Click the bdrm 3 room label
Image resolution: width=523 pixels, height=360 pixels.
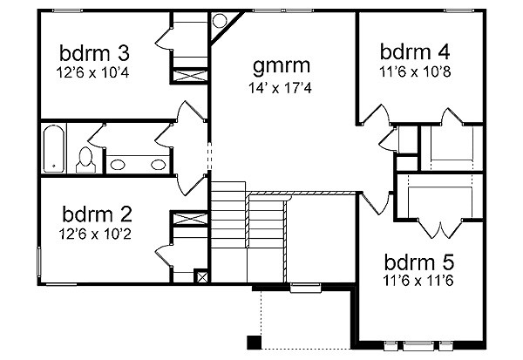[x=94, y=53]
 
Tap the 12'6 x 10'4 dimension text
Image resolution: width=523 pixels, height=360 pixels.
[x=93, y=72]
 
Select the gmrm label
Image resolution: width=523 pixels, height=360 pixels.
[x=282, y=65]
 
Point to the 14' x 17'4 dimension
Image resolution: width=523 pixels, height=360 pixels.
[x=280, y=88]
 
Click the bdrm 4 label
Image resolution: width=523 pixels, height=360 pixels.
[x=415, y=51]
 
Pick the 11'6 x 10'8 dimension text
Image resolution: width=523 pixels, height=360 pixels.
[x=415, y=71]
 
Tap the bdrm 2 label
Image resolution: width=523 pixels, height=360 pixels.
[x=97, y=214]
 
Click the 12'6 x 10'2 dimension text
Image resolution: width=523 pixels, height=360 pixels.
[x=95, y=234]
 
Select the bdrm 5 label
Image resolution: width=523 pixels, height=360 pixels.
[x=419, y=262]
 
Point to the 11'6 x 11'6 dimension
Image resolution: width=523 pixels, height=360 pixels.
[x=418, y=281]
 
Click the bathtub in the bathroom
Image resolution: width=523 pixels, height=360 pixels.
[x=54, y=149]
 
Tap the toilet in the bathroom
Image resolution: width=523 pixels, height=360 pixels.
[x=85, y=160]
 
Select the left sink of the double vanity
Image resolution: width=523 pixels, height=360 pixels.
[x=118, y=165]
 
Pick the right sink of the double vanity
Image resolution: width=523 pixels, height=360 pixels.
[x=158, y=165]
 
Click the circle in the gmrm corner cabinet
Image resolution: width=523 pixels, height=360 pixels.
[x=220, y=21]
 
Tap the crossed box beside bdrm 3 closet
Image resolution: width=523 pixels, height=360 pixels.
[x=190, y=76]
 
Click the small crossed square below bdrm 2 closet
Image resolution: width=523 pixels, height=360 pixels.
[x=202, y=277]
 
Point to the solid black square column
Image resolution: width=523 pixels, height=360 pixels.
[x=254, y=343]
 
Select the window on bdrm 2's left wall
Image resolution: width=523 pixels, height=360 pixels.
[x=38, y=262]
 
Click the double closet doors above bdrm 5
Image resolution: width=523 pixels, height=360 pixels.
[x=440, y=228]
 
